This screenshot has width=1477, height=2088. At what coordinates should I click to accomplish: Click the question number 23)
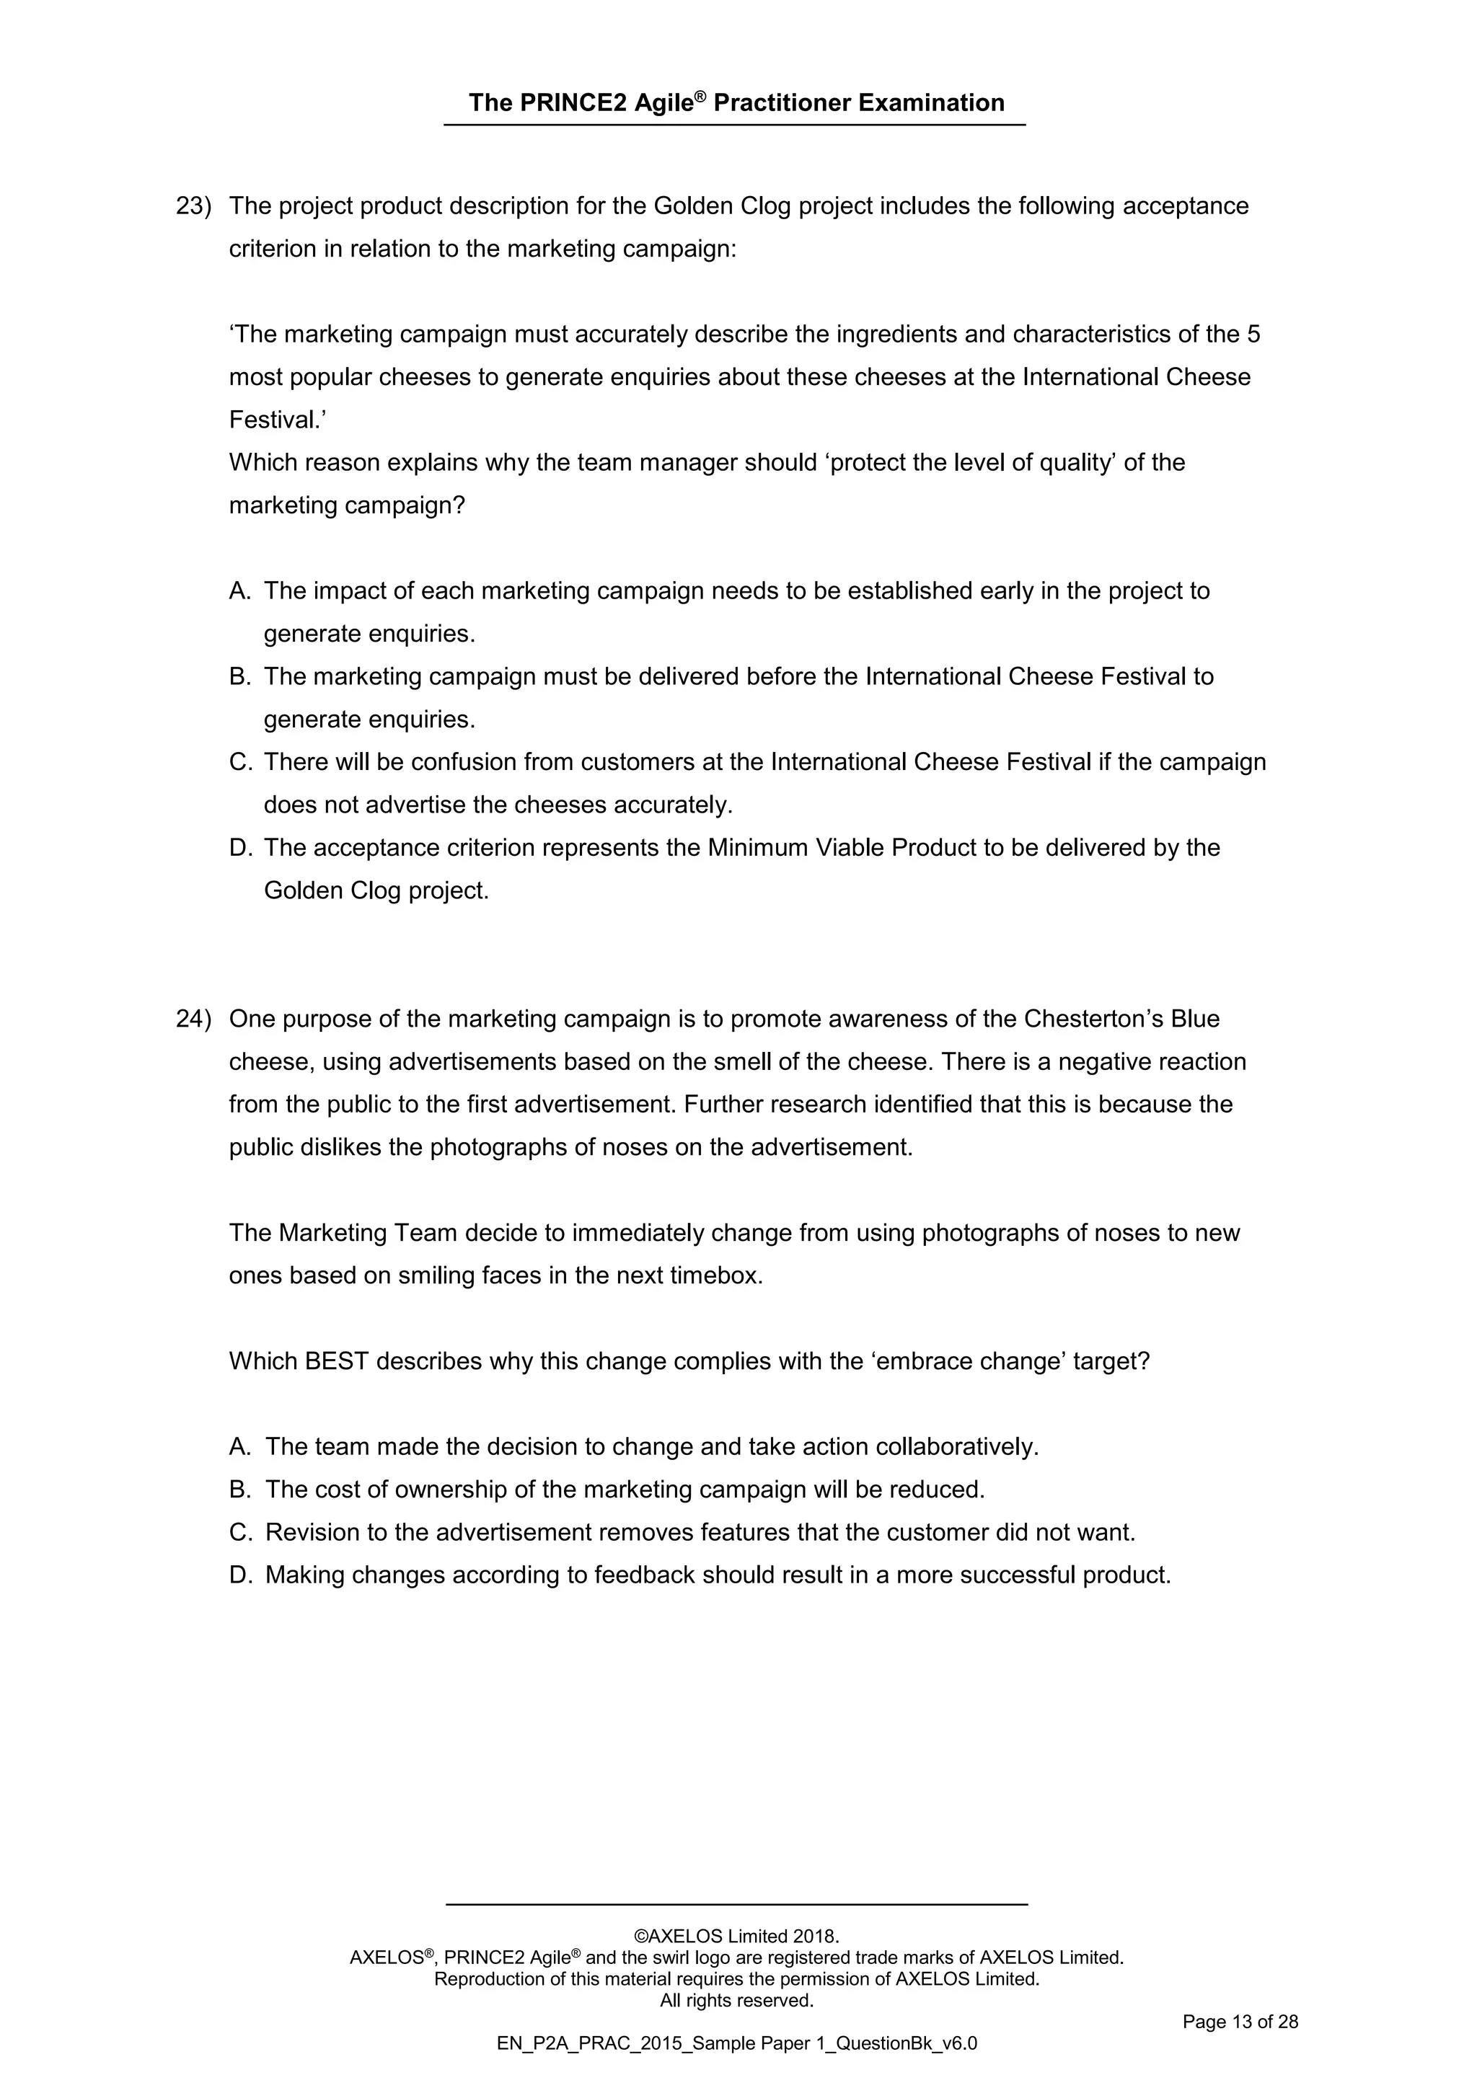pyautogui.click(x=193, y=206)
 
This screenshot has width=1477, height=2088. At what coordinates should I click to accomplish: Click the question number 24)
pyautogui.click(x=193, y=1019)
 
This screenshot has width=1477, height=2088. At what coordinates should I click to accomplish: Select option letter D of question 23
pyautogui.click(x=239, y=849)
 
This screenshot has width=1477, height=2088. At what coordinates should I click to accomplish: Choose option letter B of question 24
pyautogui.click(x=239, y=1490)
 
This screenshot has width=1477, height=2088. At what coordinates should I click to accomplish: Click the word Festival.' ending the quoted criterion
pyautogui.click(x=278, y=420)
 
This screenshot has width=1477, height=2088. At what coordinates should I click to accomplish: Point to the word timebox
pyautogui.click(x=715, y=1276)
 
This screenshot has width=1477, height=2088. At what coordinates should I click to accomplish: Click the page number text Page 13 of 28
pyautogui.click(x=1240, y=2022)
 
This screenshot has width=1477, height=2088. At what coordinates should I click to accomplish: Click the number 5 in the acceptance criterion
pyautogui.click(x=1253, y=335)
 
